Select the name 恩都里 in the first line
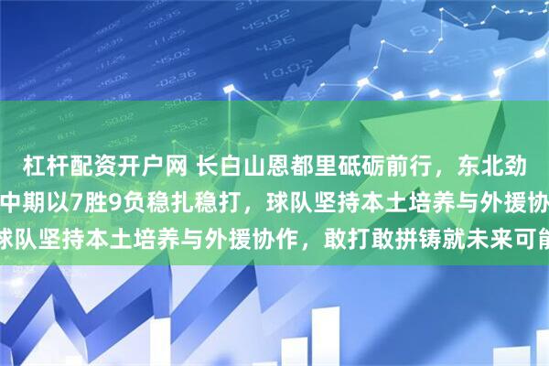(x=290, y=166)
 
